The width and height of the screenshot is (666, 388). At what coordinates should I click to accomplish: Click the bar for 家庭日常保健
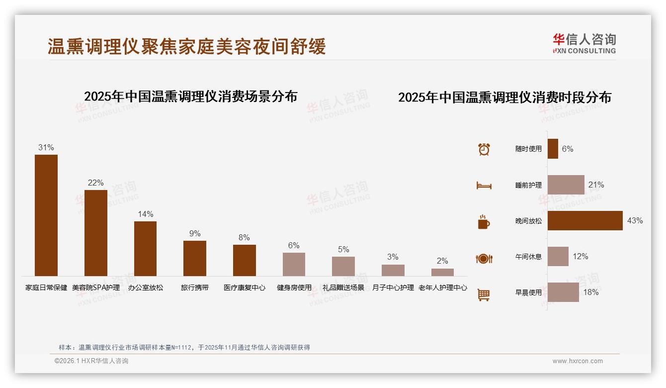pyautogui.click(x=46, y=215)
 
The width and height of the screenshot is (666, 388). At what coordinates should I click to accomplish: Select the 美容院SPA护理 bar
pyautogui.click(x=96, y=233)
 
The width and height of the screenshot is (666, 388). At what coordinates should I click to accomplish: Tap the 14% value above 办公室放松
pyautogui.click(x=145, y=214)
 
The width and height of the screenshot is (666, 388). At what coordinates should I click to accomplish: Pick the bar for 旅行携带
pyautogui.click(x=195, y=258)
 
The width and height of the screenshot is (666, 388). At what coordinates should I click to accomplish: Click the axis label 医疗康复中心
pyautogui.click(x=245, y=288)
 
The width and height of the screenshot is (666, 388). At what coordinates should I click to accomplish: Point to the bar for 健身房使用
pyautogui.click(x=294, y=264)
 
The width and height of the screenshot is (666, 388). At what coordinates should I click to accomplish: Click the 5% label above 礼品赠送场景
pyautogui.click(x=343, y=250)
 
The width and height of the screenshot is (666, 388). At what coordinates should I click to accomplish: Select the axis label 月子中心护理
pyautogui.click(x=393, y=288)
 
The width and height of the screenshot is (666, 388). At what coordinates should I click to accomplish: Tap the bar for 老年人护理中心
pyautogui.click(x=442, y=272)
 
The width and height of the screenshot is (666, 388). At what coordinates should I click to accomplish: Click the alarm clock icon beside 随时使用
pyautogui.click(x=484, y=149)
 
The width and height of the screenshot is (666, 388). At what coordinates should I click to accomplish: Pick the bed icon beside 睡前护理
pyautogui.click(x=484, y=186)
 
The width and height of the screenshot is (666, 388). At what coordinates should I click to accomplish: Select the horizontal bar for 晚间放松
pyautogui.click(x=585, y=221)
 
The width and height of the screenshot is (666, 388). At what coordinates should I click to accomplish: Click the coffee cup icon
pyautogui.click(x=484, y=222)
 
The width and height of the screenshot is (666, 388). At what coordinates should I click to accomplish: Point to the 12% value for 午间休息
pyautogui.click(x=581, y=257)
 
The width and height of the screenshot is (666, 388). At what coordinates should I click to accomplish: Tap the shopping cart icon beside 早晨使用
pyautogui.click(x=484, y=294)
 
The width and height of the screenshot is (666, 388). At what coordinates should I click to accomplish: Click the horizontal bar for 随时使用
pyautogui.click(x=553, y=149)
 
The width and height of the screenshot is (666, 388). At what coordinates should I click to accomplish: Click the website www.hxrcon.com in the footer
pyautogui.click(x=578, y=361)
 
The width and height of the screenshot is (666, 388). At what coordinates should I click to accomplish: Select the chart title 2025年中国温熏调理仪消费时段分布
pyautogui.click(x=504, y=97)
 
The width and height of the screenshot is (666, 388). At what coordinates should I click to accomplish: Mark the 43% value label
pyautogui.click(x=635, y=221)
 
